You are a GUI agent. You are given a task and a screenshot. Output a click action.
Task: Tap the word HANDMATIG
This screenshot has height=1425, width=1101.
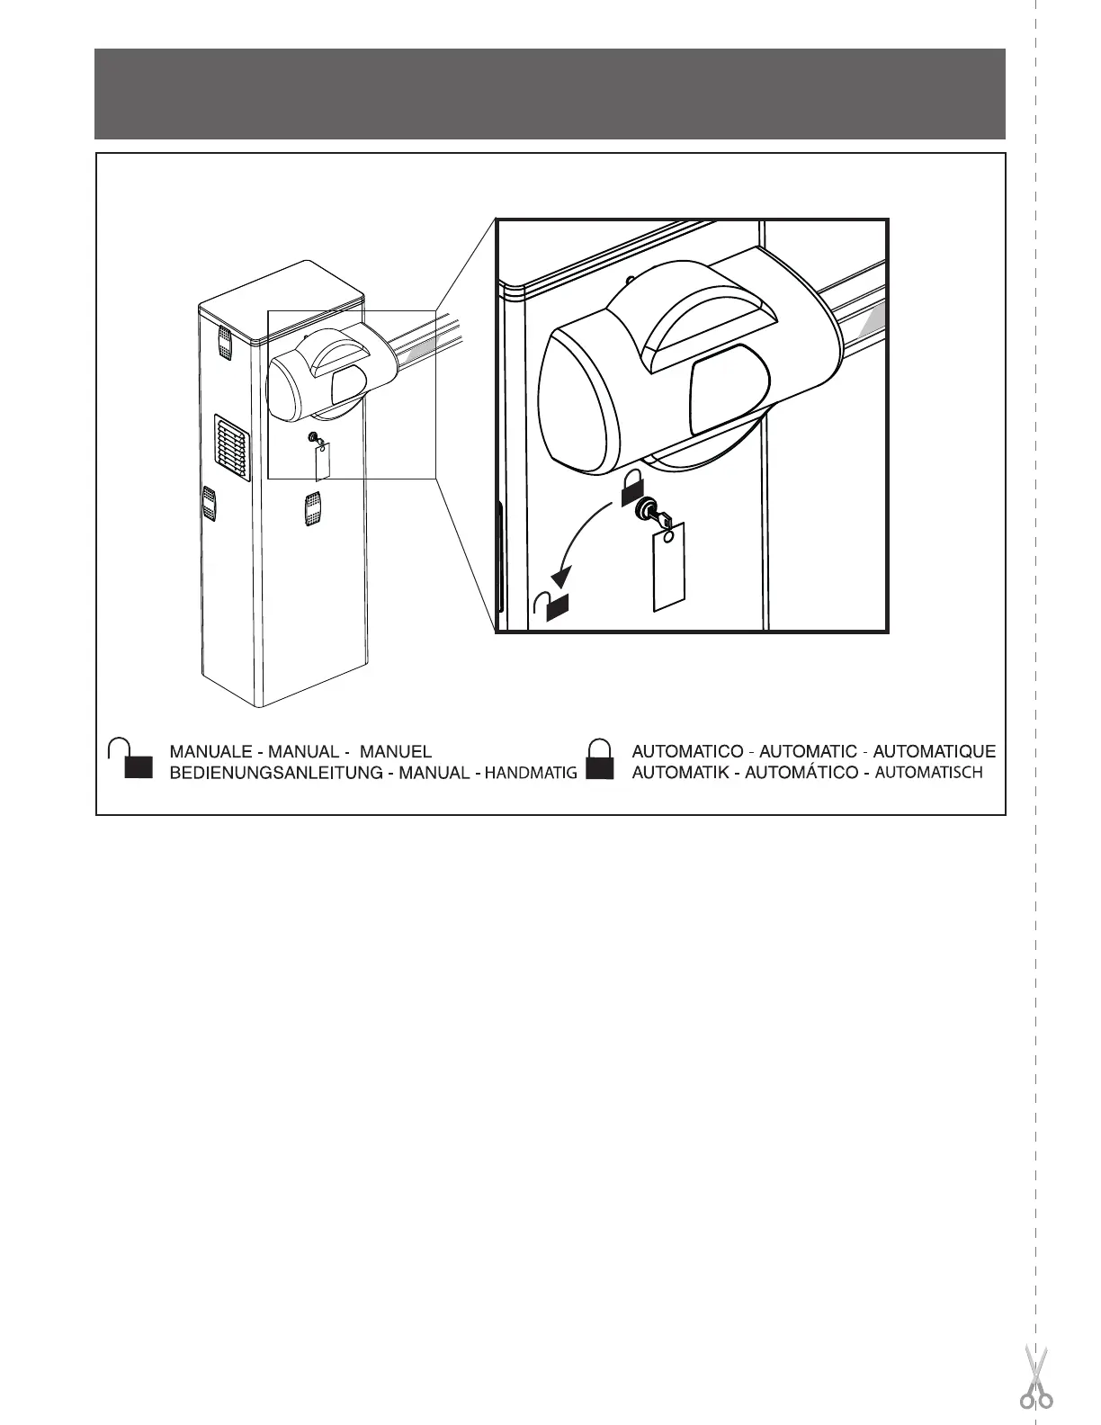pyautogui.click(x=532, y=773)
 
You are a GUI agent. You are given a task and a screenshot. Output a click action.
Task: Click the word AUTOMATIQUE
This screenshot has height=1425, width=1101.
pyautogui.click(x=935, y=751)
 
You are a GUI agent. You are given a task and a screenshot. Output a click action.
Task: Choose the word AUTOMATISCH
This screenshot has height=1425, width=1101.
pyautogui.click(x=928, y=773)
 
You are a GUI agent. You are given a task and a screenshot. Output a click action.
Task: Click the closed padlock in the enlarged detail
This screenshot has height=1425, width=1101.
pyautogui.click(x=631, y=487)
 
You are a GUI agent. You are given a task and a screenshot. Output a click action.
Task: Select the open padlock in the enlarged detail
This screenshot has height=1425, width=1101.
pyautogui.click(x=551, y=605)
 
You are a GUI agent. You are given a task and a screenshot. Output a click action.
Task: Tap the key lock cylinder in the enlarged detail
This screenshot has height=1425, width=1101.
pyautogui.click(x=647, y=510)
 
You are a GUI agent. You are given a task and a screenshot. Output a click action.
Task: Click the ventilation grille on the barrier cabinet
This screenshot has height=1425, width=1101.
pyautogui.click(x=231, y=448)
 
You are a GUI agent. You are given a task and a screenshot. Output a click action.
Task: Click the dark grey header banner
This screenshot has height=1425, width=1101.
pyautogui.click(x=550, y=94)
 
